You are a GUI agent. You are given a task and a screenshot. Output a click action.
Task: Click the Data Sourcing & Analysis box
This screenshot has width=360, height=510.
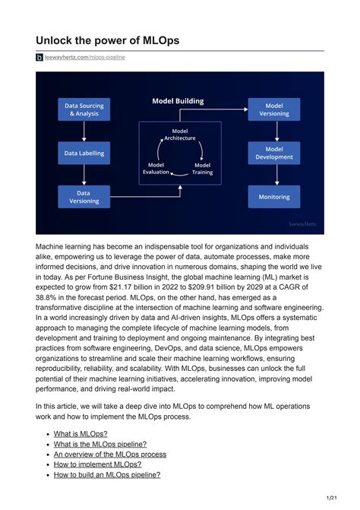point(84,109)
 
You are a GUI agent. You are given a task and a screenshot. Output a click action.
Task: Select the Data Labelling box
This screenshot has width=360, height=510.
point(84,153)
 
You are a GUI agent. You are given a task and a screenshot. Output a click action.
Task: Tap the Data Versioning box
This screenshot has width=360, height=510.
point(84,197)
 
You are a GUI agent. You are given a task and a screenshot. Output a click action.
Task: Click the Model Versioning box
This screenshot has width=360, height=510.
point(273,109)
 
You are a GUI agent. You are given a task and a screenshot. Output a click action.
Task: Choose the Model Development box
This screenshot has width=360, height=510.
point(273,153)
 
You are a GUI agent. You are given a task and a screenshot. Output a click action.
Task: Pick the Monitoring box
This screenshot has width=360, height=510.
point(273,197)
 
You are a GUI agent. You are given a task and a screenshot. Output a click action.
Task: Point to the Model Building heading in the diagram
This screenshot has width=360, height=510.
point(178,101)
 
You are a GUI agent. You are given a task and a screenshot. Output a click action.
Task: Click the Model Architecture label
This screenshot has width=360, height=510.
point(180,135)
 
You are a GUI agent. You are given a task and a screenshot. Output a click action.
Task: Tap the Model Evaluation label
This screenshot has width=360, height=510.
point(156,168)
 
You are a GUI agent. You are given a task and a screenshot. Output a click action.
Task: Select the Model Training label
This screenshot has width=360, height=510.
point(203,168)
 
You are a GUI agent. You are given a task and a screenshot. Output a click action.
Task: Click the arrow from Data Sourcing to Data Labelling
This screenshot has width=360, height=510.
point(84,131)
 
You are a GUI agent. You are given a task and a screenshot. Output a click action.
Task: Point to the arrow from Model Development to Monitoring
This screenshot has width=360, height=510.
point(273,175)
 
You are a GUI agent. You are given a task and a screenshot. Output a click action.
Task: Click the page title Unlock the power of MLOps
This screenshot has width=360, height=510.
point(108,40)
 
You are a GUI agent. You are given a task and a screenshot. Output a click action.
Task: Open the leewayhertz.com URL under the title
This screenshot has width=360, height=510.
point(85,57)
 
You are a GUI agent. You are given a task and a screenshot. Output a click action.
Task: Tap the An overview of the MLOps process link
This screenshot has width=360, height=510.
point(110,454)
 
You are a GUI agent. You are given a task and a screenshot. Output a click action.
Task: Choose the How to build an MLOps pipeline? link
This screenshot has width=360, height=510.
point(107,474)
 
